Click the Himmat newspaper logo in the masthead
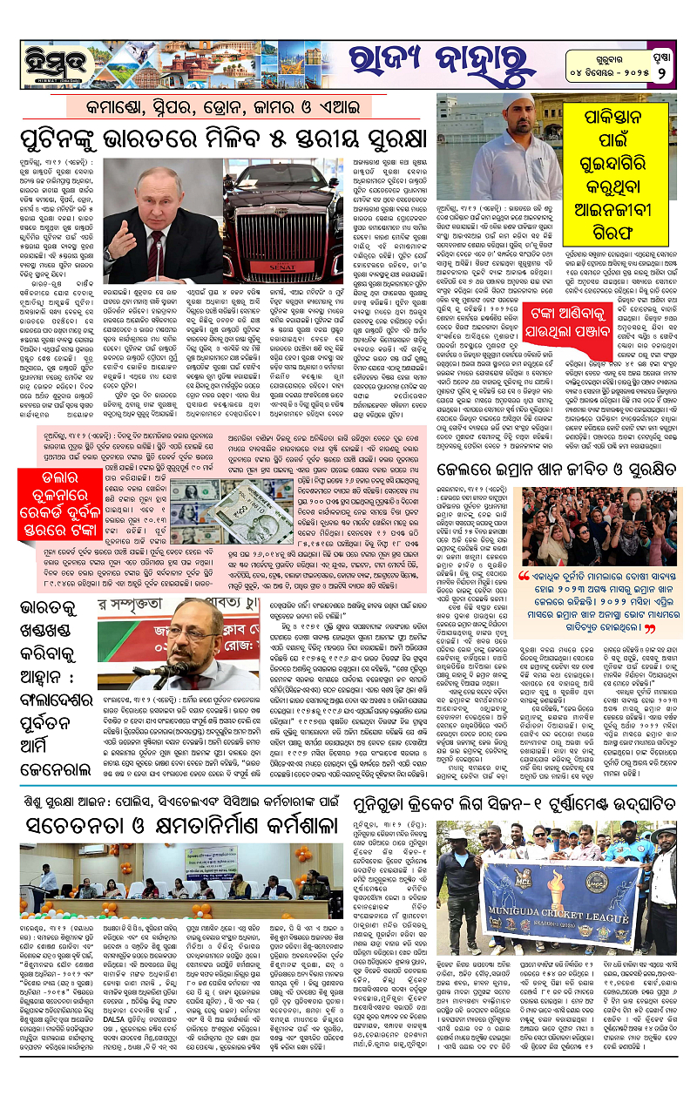tap(51, 58)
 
